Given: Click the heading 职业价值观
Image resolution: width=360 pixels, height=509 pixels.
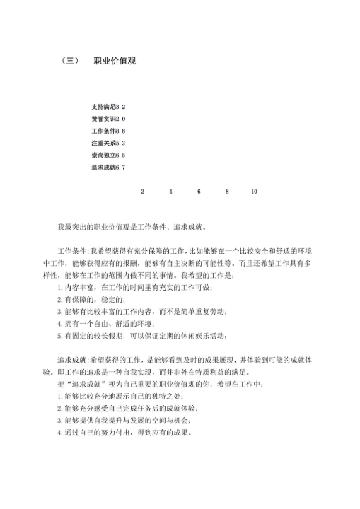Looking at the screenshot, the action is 115,62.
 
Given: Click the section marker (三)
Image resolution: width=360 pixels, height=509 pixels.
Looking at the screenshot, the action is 71,62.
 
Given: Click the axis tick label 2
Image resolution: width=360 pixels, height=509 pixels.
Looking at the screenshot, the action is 142,192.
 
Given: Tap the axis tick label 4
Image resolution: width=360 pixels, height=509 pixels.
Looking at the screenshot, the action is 170,192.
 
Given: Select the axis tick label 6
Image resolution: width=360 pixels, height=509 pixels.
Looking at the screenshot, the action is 199,192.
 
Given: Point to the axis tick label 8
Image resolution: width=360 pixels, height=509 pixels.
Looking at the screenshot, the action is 227,192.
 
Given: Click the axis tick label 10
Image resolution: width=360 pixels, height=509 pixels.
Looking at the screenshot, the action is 254,192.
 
